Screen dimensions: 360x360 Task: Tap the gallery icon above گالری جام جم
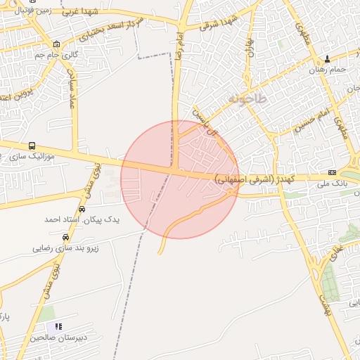point(56,44)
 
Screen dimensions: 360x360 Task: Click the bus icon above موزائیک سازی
point(32,146)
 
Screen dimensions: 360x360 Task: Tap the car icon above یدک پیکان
point(82,210)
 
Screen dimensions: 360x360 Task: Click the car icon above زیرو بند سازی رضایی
point(66,238)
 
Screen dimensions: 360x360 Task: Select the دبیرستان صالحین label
point(58,337)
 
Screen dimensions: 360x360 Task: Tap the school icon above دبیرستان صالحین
point(58,327)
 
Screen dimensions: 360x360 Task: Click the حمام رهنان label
point(328,70)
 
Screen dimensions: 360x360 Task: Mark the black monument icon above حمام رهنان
point(328,60)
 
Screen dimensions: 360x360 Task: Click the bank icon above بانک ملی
point(332,172)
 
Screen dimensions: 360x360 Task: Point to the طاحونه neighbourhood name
point(247,100)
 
